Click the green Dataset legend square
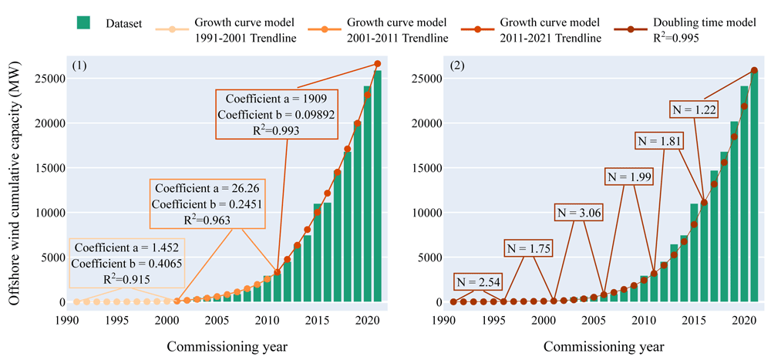pyautogui.click(x=83, y=22)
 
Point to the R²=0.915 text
pyautogui.click(x=127, y=279)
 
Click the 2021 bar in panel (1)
pyautogui.click(x=377, y=186)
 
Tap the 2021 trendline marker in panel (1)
pyautogui.click(x=377, y=63)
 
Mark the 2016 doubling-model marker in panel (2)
pyautogui.click(x=704, y=202)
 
